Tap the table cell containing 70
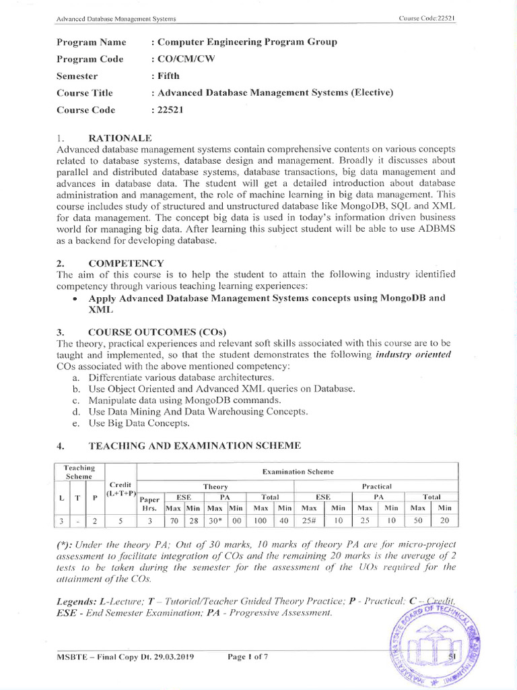174,520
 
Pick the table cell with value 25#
310,520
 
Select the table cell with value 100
260,520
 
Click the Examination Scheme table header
297,472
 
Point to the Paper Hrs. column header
149,503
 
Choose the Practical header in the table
376,486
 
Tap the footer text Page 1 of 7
248,657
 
